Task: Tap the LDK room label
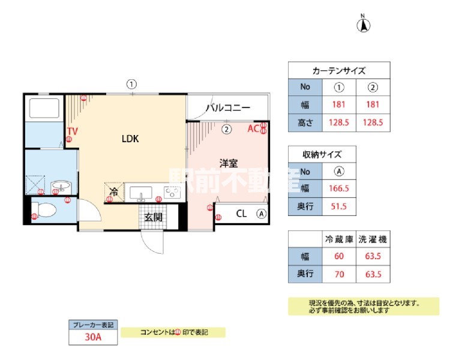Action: tap(130, 139)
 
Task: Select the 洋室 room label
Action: tap(229, 162)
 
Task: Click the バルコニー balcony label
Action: tap(228, 108)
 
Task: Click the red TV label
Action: tap(72, 131)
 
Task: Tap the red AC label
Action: tap(253, 128)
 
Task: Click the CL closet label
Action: tap(241, 213)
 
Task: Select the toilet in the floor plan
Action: tap(45, 210)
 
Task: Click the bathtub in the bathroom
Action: tap(44, 109)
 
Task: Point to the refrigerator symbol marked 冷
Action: tap(113, 193)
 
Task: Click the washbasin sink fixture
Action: tap(60, 186)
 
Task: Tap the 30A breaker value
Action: tap(92, 337)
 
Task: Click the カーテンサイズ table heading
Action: tap(339, 70)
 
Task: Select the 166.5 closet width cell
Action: tap(339, 188)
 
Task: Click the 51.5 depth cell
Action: tap(339, 208)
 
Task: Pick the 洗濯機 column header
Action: tap(373, 239)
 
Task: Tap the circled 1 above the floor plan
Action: tap(131, 85)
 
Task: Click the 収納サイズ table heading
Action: tap(323, 153)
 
